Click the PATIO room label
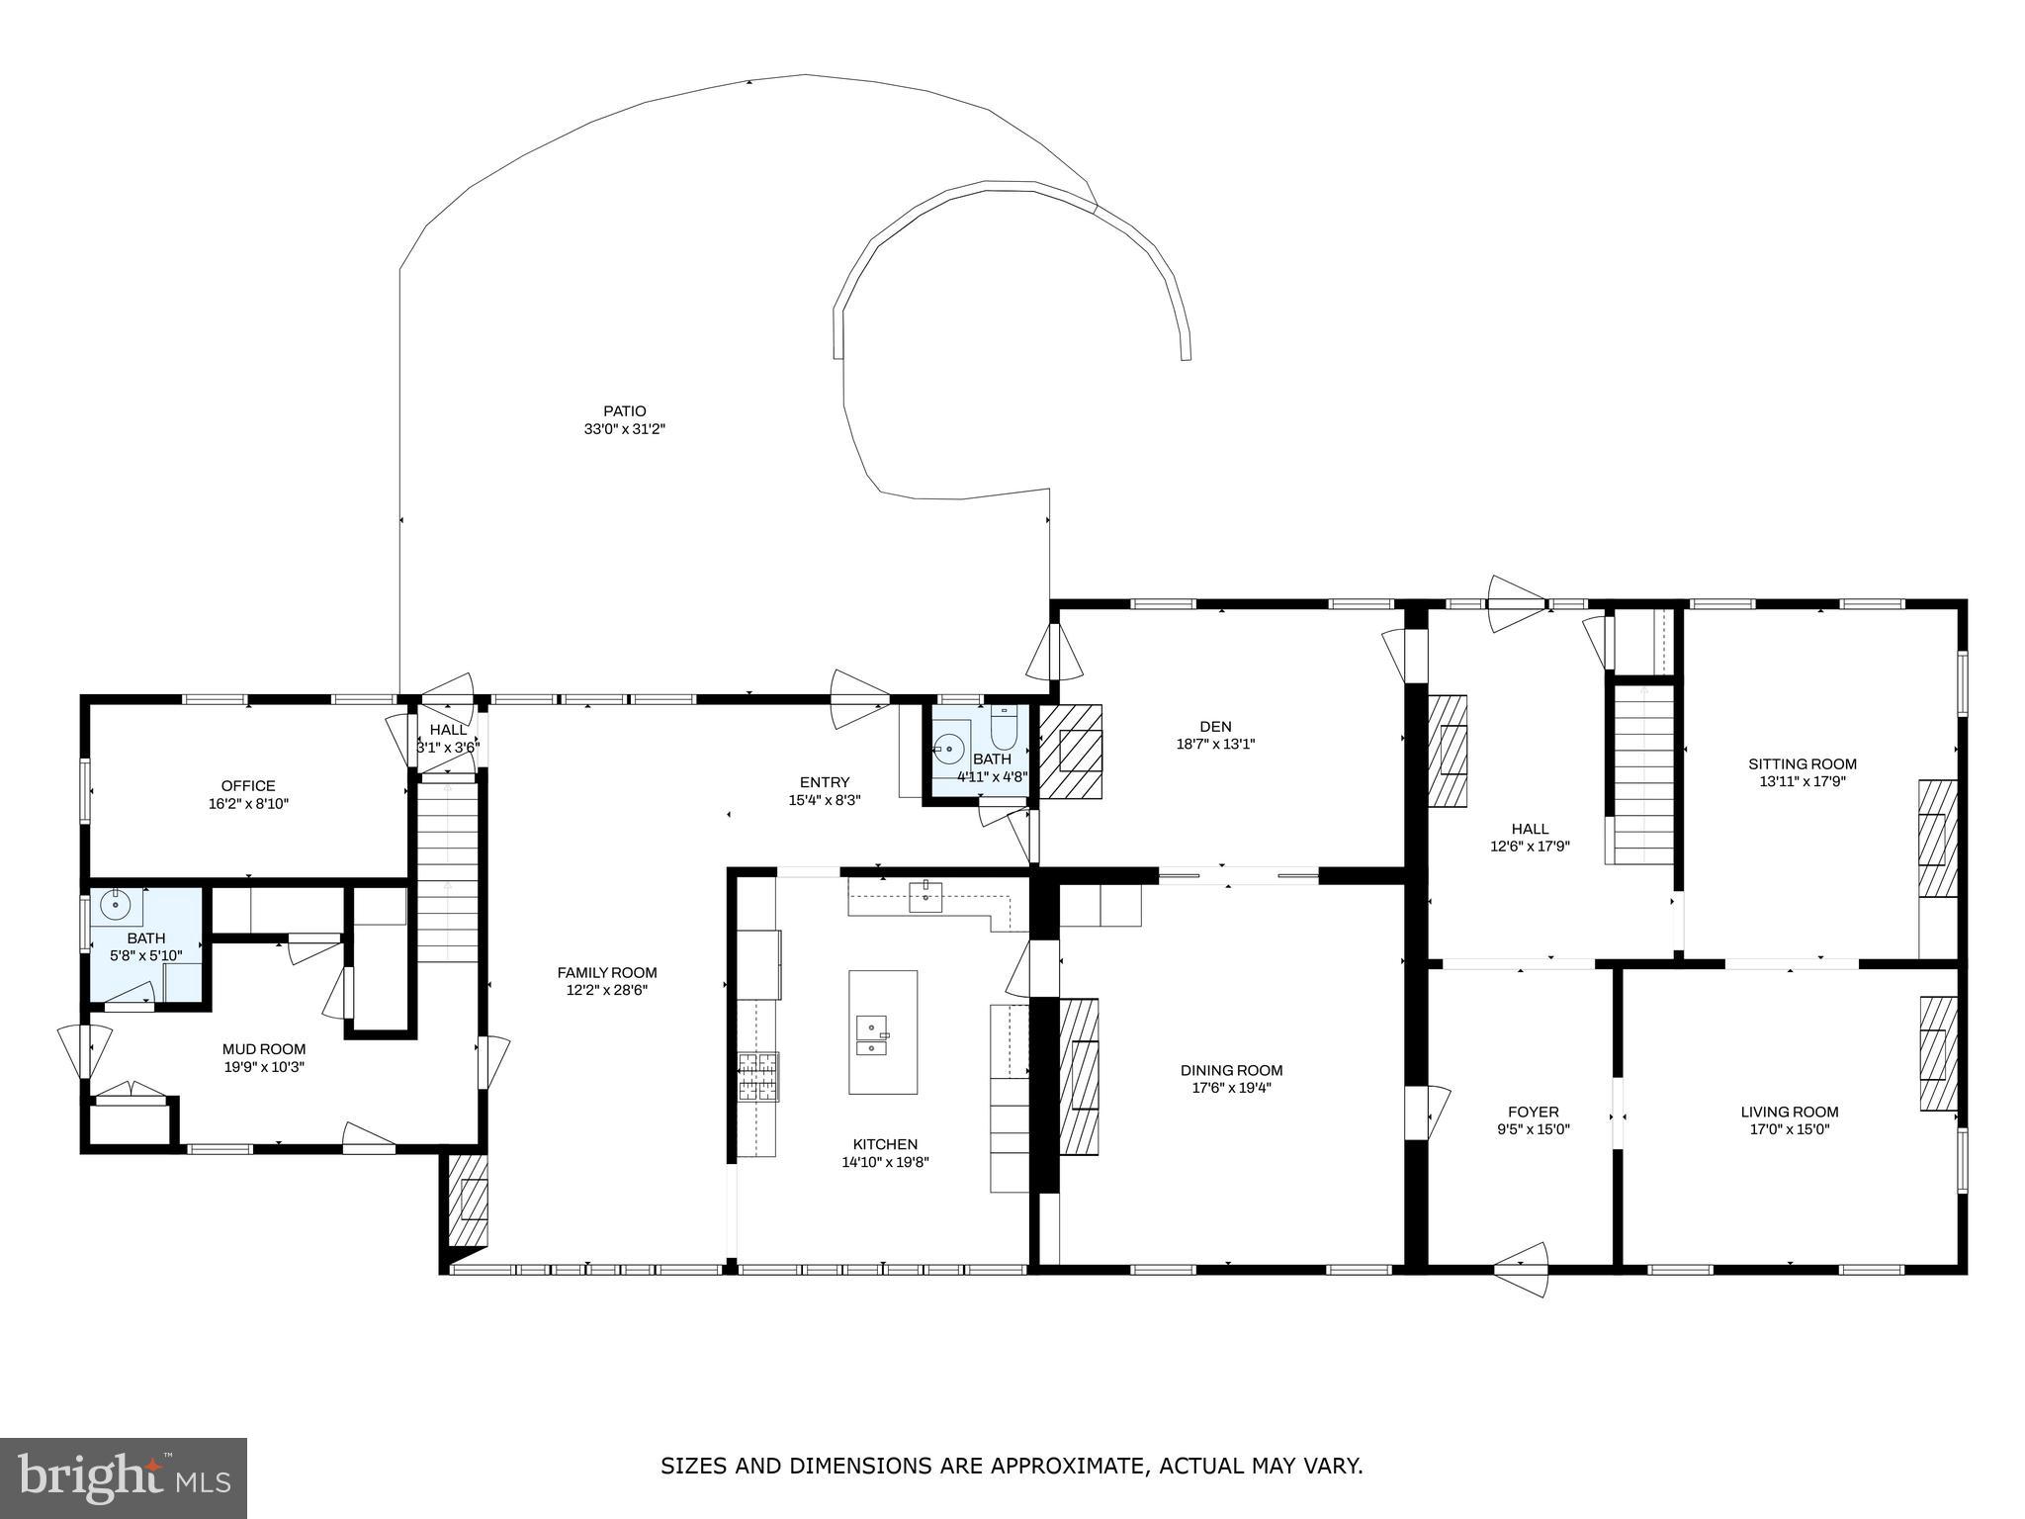coord(625,411)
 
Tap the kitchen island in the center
coord(882,1031)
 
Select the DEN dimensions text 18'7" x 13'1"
coord(1215,744)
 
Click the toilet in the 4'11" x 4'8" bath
coord(1004,731)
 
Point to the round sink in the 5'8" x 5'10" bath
coord(116,905)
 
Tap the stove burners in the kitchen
coord(758,1077)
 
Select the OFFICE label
coord(248,786)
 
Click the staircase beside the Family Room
coord(448,870)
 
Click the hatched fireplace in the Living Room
coord(1938,1053)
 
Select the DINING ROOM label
coord(1231,1070)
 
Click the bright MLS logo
coord(124,1478)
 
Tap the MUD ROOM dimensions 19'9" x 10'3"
coord(264,1067)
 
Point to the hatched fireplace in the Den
coord(1070,752)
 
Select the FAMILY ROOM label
coord(607,972)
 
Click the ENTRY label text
coord(825,782)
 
